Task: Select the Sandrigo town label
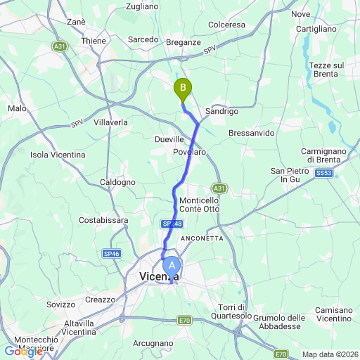point(221,111)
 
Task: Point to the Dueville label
point(169,139)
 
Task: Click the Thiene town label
point(94,41)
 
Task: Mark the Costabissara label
point(103,220)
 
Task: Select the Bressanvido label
point(252,133)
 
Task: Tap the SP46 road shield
point(111,253)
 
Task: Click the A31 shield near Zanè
point(60,46)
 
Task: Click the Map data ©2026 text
point(330,354)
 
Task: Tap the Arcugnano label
point(153,343)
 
